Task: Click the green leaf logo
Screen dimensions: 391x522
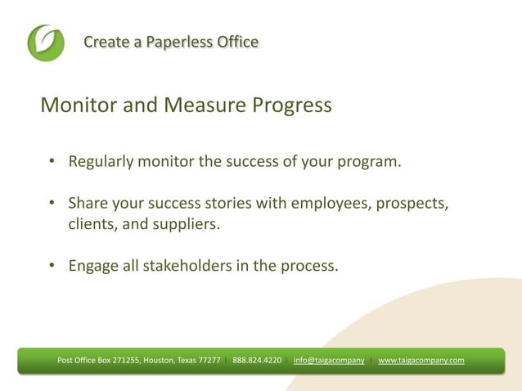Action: (x=45, y=43)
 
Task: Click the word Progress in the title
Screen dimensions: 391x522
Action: (x=291, y=106)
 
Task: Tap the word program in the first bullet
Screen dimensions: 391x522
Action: (x=371, y=161)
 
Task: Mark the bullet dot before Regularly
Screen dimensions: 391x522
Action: (x=51, y=161)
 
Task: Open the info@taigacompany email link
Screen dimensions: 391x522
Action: (x=329, y=360)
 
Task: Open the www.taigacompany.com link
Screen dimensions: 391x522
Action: (x=421, y=360)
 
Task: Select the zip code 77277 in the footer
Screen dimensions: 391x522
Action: (x=209, y=360)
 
